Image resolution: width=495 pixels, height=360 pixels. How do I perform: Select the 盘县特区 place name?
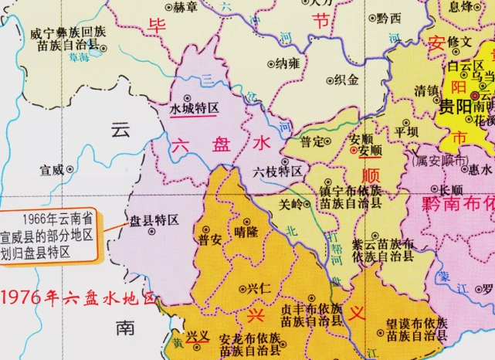pos(154,220)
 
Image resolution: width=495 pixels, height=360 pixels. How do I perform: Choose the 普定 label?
pos(312,141)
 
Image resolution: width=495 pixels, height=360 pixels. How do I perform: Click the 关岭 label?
pos(291,205)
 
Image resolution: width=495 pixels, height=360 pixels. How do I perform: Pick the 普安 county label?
pos(210,240)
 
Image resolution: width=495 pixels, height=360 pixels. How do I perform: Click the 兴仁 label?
pos(259,288)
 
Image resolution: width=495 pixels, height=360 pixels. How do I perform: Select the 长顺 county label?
pos(451,189)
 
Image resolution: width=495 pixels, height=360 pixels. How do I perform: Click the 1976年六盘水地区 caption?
pos(78,297)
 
